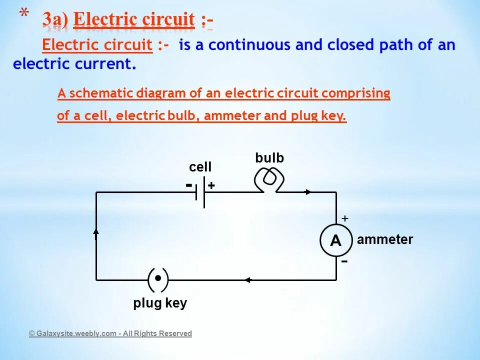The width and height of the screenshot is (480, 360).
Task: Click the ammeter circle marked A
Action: pyautogui.click(x=335, y=241)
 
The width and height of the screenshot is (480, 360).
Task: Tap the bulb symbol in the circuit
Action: pyautogui.click(x=269, y=179)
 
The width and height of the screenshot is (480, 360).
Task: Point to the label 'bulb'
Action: pyautogui.click(x=269, y=158)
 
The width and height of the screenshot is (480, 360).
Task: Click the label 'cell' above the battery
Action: pyautogui.click(x=200, y=167)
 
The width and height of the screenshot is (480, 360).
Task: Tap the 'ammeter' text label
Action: pyautogui.click(x=385, y=240)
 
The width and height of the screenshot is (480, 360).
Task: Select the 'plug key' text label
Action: pyautogui.click(x=160, y=303)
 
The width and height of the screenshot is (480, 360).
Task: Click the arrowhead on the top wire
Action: pyautogui.click(x=309, y=192)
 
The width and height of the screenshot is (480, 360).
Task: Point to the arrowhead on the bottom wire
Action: pyautogui.click(x=247, y=280)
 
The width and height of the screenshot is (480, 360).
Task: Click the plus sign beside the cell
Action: pyautogui.click(x=211, y=185)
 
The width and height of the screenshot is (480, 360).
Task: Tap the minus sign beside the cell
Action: pyautogui.click(x=189, y=185)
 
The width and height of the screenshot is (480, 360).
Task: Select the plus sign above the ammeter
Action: pyautogui.click(x=344, y=218)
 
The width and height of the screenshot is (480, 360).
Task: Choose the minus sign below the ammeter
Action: pyautogui.click(x=345, y=261)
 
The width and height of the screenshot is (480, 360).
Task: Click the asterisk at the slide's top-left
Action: pyautogui.click(x=23, y=14)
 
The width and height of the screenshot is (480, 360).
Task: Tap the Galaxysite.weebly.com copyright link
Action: pyautogui.click(x=110, y=333)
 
